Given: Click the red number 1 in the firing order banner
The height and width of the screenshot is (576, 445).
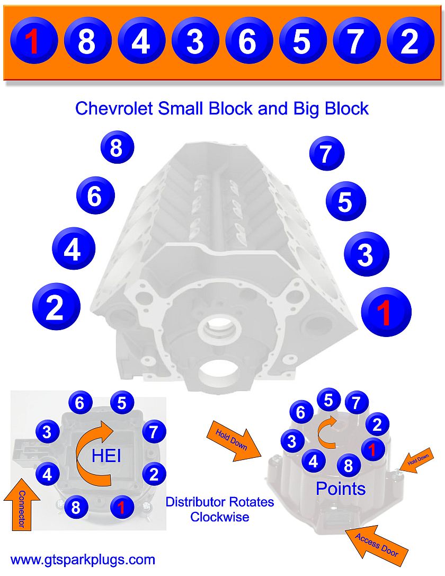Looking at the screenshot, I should (33, 41).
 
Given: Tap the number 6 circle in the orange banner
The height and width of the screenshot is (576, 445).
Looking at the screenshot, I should (247, 41).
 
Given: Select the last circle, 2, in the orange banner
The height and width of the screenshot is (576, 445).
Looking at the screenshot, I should (410, 41).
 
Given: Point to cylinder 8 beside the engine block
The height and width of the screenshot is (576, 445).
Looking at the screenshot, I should (117, 148).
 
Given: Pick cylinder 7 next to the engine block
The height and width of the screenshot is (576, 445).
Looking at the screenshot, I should (326, 154).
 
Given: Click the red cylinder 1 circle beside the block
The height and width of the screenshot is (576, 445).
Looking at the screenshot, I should (386, 312).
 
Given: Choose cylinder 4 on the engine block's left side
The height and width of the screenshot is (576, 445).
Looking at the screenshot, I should (73, 249).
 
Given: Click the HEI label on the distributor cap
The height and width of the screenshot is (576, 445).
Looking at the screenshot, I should (103, 455).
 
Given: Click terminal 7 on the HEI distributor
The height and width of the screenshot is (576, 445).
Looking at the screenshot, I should (153, 432).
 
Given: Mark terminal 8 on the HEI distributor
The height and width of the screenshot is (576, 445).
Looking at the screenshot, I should (76, 508).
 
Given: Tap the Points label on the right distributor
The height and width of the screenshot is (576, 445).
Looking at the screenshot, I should (340, 489).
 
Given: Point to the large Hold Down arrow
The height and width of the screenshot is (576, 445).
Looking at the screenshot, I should (234, 440).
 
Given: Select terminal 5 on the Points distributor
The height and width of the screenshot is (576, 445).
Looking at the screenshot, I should (328, 400).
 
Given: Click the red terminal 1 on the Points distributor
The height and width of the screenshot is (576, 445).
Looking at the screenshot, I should (372, 449).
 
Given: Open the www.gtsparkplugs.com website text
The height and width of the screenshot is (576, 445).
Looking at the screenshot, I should (83, 560).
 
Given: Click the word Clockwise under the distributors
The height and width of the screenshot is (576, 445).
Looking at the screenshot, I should (219, 517).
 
